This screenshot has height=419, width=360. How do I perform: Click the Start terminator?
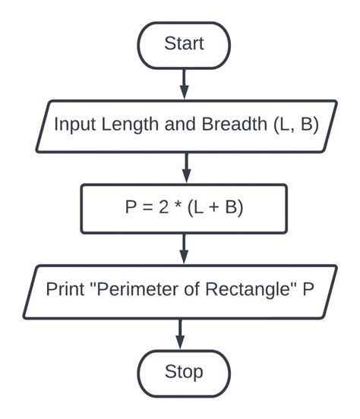point(183,44)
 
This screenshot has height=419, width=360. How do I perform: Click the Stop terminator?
point(183,372)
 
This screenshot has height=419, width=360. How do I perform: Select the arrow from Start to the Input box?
point(183,83)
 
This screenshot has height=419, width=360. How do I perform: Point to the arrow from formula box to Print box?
point(183,248)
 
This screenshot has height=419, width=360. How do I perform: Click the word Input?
point(72,125)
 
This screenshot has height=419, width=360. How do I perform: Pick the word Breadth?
point(230,125)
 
